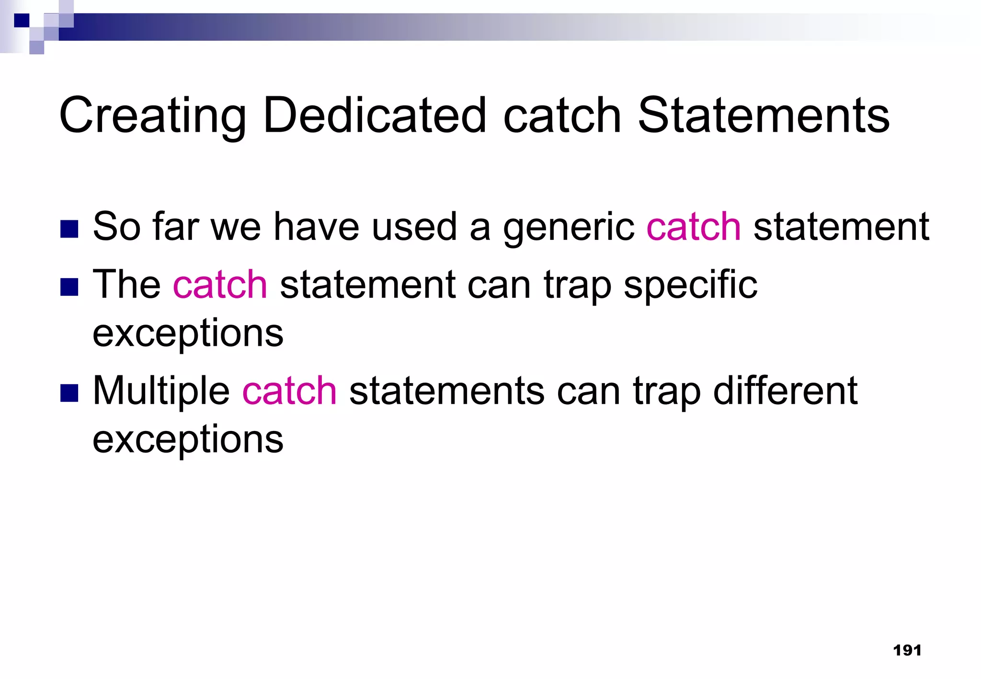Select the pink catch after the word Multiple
coord(289,391)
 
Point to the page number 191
coord(907,650)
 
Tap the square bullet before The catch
coord(69,287)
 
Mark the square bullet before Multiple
coord(69,393)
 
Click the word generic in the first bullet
coord(569,227)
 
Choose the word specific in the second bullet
coord(690,285)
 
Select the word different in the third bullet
coord(785,391)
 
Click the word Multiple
coord(161,391)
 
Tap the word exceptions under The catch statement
coord(188,333)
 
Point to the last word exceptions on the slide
coord(188,440)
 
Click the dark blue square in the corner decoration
coord(21,21)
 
